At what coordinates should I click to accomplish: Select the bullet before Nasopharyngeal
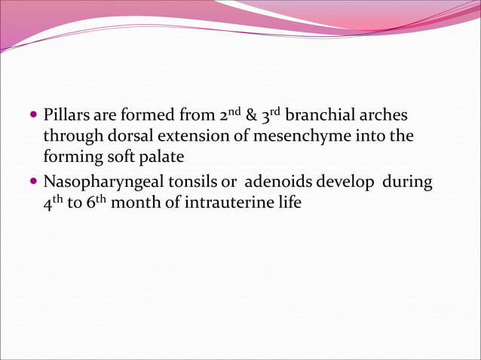click(x=34, y=182)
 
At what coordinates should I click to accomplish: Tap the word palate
click(x=161, y=159)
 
